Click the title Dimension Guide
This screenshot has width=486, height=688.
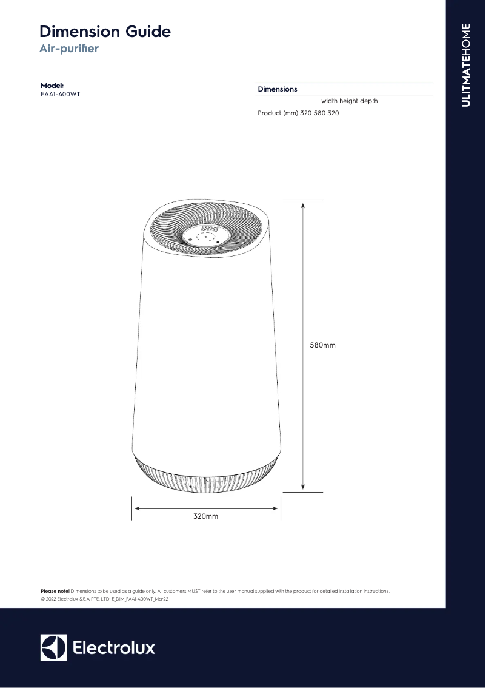pyautogui.click(x=105, y=32)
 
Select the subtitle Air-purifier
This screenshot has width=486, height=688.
pyautogui.click(x=68, y=49)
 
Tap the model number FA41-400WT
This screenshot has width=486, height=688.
pyautogui.click(x=60, y=95)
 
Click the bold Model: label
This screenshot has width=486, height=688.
pyautogui.click(x=52, y=86)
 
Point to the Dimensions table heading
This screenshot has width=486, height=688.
pyautogui.click(x=278, y=89)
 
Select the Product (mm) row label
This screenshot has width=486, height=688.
pyautogui.click(x=278, y=113)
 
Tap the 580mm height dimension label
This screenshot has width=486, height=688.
pyautogui.click(x=322, y=345)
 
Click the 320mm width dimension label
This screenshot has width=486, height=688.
pyautogui.click(x=205, y=516)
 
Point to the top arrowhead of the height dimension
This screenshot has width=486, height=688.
pyautogui.click(x=302, y=204)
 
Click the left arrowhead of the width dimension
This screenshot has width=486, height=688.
pyautogui.click(x=137, y=509)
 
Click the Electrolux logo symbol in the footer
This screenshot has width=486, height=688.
pyautogui.click(x=53, y=647)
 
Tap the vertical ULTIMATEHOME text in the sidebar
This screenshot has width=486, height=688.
pyautogui.click(x=465, y=65)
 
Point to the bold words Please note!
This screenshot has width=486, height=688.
pyautogui.click(x=55, y=590)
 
